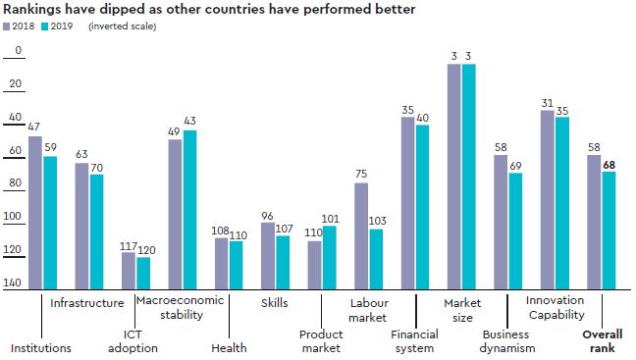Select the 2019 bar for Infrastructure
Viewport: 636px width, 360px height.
click(x=97, y=231)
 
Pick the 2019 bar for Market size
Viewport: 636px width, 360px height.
click(x=469, y=177)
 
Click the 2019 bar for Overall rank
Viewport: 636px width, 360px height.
click(x=609, y=231)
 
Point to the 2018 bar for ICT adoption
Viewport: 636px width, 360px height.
click(x=129, y=271)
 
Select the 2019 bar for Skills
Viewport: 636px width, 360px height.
click(x=284, y=262)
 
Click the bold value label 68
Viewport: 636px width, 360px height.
click(x=609, y=164)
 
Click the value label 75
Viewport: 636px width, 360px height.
click(x=361, y=175)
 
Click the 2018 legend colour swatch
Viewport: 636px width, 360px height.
click(x=9, y=26)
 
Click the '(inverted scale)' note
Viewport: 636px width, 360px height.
click(x=123, y=26)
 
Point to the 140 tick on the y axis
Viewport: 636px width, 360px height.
click(x=13, y=283)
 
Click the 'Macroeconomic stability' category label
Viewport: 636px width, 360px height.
click(x=180, y=308)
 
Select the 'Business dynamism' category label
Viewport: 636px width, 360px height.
click(x=508, y=340)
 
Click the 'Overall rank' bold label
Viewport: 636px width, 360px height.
click(x=603, y=340)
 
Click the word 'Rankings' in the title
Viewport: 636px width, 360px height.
click(x=35, y=9)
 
